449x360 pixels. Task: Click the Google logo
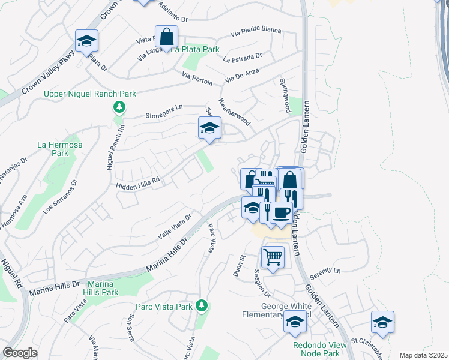(20, 353)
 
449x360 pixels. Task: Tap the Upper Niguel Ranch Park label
(89, 94)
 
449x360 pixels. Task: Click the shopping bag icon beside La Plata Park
(167, 37)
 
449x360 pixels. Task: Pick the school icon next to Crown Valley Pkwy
(87, 41)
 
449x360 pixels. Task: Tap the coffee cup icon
(280, 212)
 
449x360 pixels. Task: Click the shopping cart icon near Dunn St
(273, 257)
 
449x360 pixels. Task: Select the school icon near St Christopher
(382, 323)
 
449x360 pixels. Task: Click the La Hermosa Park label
(59, 149)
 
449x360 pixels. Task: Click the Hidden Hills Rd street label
(137, 182)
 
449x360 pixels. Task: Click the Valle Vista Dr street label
(173, 227)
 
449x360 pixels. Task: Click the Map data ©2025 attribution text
(422, 355)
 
